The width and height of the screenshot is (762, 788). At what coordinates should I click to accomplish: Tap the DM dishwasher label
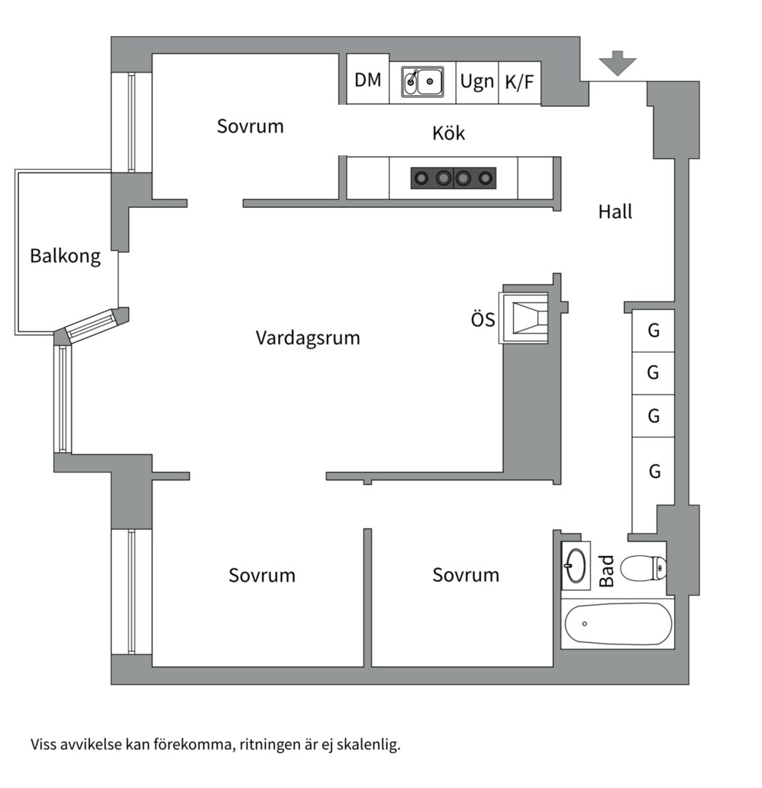click(x=368, y=80)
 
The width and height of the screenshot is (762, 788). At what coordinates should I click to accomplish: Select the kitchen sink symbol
click(x=423, y=82)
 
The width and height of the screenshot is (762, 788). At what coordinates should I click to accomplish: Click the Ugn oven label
click(x=477, y=81)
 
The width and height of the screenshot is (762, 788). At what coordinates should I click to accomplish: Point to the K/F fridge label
click(x=519, y=81)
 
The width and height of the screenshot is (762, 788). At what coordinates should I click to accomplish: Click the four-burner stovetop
click(x=453, y=177)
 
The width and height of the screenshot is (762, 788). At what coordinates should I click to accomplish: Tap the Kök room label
click(x=448, y=134)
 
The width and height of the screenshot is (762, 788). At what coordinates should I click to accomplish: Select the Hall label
click(x=615, y=212)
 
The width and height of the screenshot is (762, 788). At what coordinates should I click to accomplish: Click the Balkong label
click(x=65, y=256)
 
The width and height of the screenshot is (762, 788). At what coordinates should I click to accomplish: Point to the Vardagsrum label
click(x=307, y=339)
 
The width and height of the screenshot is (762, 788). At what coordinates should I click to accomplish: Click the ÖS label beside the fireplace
click(x=482, y=320)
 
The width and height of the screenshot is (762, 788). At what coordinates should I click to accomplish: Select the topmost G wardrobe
click(x=653, y=331)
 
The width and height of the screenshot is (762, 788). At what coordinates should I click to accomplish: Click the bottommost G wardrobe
click(x=654, y=471)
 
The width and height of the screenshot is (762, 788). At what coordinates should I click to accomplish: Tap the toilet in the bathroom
click(x=643, y=567)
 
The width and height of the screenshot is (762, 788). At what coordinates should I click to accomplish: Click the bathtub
click(x=617, y=624)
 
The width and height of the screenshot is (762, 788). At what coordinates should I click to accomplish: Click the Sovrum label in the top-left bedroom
click(x=250, y=126)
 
